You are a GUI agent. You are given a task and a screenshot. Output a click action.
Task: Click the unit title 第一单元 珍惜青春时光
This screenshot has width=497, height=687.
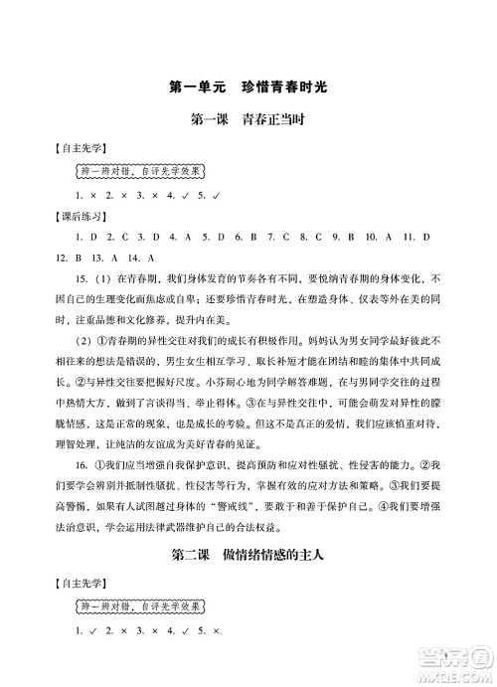(x=248, y=86)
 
